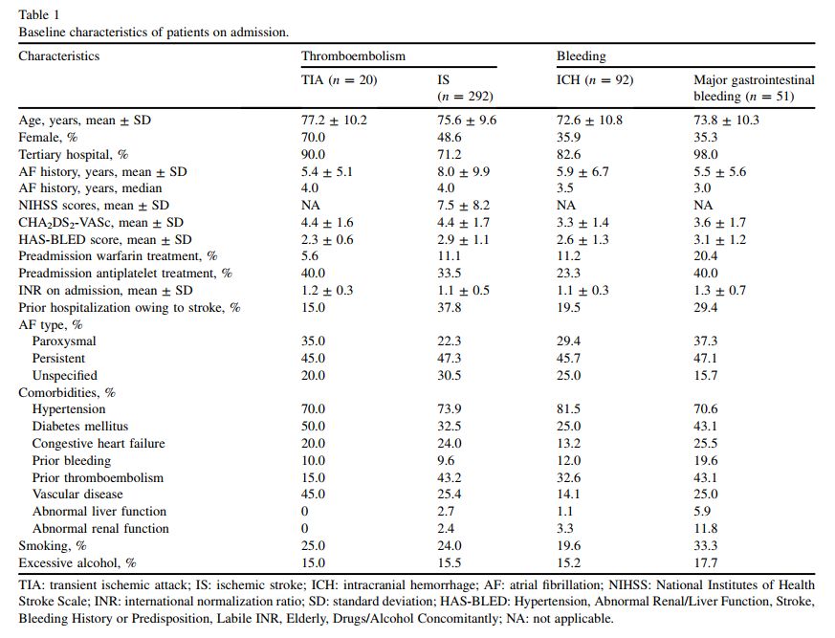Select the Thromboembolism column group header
(353, 56)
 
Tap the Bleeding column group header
(581, 56)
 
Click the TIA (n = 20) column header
(339, 80)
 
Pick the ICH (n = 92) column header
(595, 80)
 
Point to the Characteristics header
(58, 56)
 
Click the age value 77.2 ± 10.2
(334, 121)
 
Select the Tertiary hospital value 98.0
(707, 155)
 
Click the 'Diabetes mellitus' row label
(79, 427)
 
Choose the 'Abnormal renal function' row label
(100, 529)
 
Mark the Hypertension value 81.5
(570, 409)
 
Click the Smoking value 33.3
(707, 546)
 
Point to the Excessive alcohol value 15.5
(449, 563)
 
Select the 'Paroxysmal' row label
(64, 341)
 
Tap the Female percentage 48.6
(449, 138)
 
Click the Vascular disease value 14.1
(570, 495)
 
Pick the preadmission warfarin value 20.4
(707, 256)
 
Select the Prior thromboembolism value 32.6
(570, 477)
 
